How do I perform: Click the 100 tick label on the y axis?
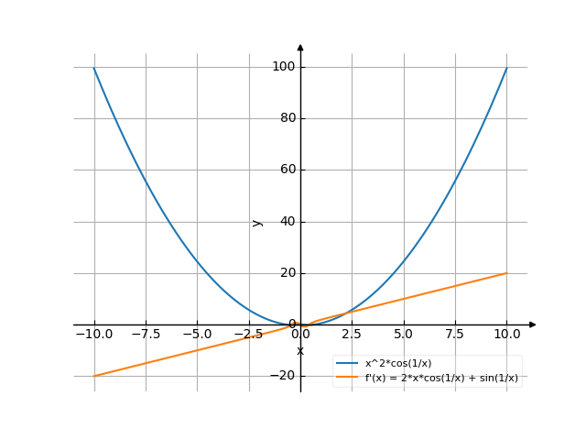282,67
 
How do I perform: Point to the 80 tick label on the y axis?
285,118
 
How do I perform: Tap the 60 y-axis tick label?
285,170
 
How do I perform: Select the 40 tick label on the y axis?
285,222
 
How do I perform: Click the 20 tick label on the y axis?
285,273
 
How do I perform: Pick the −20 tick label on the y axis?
282,376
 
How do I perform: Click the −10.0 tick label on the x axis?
93,334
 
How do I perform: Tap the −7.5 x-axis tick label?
146,334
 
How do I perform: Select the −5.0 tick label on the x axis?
197,334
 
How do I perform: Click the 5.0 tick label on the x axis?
403,334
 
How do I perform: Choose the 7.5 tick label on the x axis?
455,334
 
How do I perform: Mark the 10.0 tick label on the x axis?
506,334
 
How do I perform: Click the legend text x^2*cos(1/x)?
398,364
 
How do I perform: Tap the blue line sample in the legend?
347,364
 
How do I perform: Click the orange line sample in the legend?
347,378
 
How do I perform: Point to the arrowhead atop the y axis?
300,47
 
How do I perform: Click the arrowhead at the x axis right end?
533,324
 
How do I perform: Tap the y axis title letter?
257,222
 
